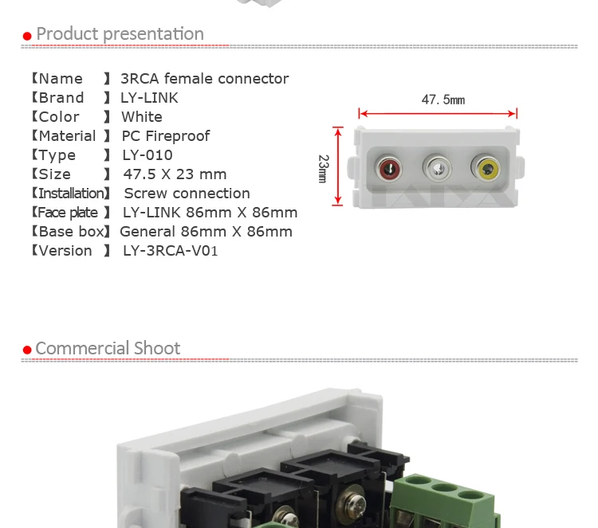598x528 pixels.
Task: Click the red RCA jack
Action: tap(388, 168)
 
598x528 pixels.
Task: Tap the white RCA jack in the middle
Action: tap(437, 168)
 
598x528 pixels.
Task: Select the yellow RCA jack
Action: tap(486, 168)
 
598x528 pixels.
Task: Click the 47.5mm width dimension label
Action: tap(443, 100)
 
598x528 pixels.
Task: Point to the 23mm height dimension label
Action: tap(323, 168)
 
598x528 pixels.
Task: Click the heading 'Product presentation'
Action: tap(120, 33)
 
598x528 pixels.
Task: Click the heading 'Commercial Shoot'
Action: tap(108, 348)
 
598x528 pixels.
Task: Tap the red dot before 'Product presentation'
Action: tap(27, 36)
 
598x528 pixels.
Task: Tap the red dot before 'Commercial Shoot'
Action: tap(27, 350)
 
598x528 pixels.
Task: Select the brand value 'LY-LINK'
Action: tap(149, 98)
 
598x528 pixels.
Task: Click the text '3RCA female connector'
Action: tap(204, 79)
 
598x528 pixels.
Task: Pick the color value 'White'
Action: tap(141, 117)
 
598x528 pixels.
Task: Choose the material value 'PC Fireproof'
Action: tap(165, 136)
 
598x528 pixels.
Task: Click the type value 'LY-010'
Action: tap(148, 155)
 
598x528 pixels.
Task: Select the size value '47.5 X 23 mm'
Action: tap(175, 174)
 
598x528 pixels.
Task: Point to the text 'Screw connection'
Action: tap(187, 194)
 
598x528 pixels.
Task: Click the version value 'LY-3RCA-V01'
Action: tap(170, 251)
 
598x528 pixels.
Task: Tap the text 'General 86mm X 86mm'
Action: tap(206, 232)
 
